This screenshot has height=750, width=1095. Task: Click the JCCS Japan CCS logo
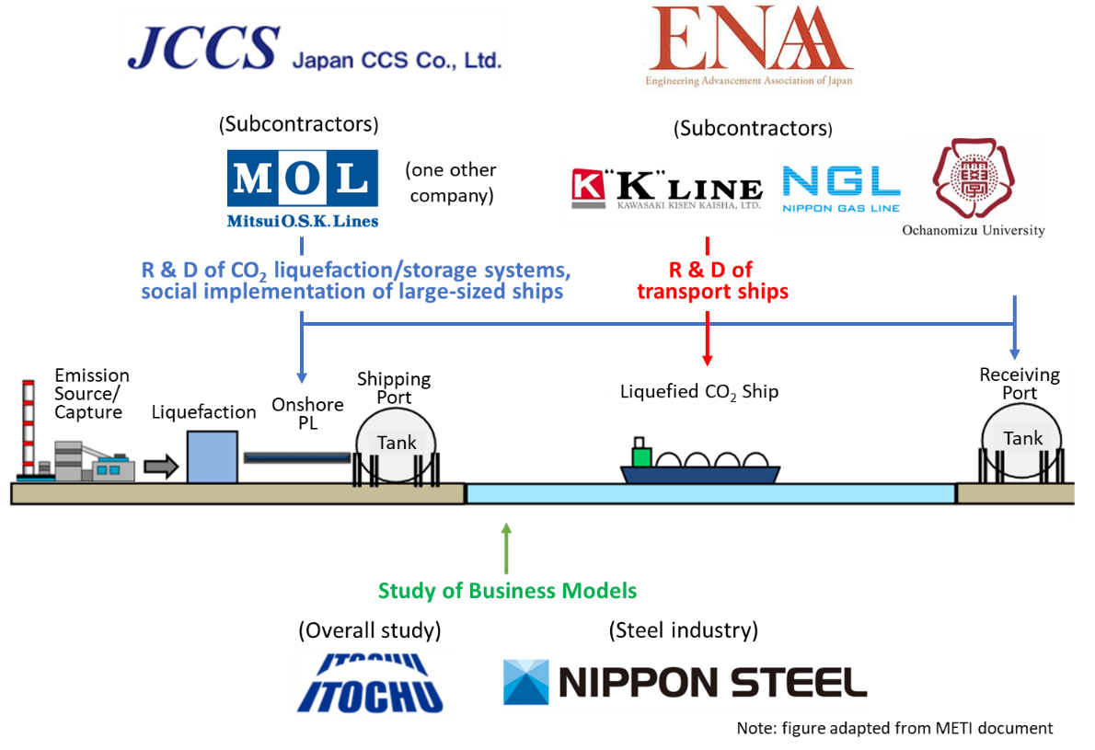pyautogui.click(x=313, y=47)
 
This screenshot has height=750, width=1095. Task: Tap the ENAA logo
pyautogui.click(x=749, y=45)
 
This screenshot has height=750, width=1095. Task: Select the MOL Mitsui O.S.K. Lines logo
pyautogui.click(x=303, y=189)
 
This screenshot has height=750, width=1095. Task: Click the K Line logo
pyautogui.click(x=667, y=188)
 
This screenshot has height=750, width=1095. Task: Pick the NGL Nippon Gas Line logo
pyautogui.click(x=840, y=189)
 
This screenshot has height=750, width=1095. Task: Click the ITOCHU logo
pyautogui.click(x=375, y=682)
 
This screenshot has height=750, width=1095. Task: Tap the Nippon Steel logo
pyautogui.click(x=685, y=682)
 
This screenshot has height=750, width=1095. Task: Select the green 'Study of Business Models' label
pyautogui.click(x=507, y=591)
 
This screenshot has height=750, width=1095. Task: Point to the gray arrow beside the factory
pyautogui.click(x=162, y=467)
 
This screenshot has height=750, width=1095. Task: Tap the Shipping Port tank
pyautogui.click(x=397, y=444)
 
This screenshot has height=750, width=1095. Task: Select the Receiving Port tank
pyautogui.click(x=1021, y=440)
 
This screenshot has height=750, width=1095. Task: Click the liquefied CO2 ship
pyautogui.click(x=699, y=466)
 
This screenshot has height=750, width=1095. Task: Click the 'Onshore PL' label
pyautogui.click(x=307, y=413)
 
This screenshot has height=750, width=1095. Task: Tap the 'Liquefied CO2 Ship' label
pyautogui.click(x=699, y=392)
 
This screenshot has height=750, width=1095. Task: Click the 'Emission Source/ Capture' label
pyautogui.click(x=91, y=393)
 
